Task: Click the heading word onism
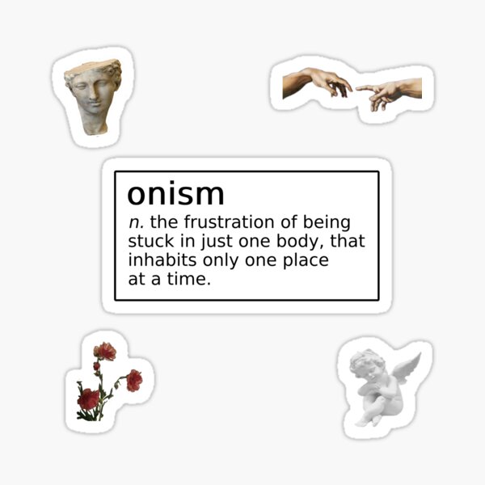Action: tap(175, 195)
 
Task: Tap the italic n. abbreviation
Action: tap(135, 221)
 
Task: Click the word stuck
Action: tap(148, 241)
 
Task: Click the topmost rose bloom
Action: tap(104, 351)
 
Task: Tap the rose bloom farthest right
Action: tap(134, 379)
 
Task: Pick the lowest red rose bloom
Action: tap(89, 398)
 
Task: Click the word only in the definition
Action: tap(216, 261)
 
